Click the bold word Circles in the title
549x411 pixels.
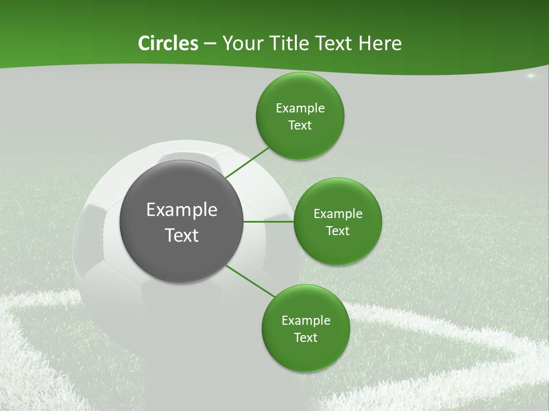[x=168, y=43]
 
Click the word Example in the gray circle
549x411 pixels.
[x=182, y=210]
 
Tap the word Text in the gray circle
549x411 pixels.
[x=182, y=235]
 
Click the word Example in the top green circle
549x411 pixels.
[x=300, y=108]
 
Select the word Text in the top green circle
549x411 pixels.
[x=300, y=126]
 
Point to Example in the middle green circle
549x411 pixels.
[x=338, y=214]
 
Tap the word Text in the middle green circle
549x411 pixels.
[x=338, y=231]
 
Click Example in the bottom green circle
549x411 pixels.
[x=306, y=321]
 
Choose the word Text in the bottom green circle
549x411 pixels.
[x=306, y=338]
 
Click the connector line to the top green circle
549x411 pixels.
[x=247, y=163]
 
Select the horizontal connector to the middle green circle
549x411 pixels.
[x=269, y=221]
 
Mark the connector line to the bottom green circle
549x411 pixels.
[x=250, y=281]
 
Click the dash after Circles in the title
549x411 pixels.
[x=210, y=44]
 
